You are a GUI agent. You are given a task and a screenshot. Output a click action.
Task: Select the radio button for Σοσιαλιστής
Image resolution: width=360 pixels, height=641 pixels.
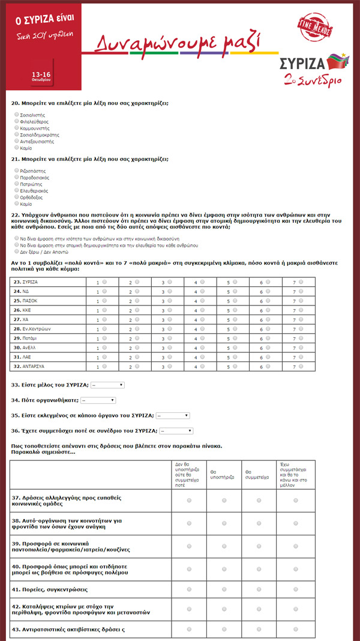16,114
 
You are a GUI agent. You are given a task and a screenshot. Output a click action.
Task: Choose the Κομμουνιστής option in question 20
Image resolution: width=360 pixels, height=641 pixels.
16,128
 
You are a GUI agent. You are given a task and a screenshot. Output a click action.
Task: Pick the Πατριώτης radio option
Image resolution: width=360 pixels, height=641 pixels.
16,184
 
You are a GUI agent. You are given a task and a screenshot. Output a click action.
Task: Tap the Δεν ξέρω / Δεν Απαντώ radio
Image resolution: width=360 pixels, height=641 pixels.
16,251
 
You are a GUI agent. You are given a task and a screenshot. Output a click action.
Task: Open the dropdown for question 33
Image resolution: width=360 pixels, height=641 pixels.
107,385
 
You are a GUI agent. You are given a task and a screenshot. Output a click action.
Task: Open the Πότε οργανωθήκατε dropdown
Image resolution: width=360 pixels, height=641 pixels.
98,400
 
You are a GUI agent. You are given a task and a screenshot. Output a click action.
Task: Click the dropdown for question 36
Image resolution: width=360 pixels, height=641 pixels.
176,430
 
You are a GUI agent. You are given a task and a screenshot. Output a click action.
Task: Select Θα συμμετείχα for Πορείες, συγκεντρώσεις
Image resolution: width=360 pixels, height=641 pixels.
258,589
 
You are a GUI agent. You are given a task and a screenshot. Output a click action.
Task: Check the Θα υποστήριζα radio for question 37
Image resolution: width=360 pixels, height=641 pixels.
223,500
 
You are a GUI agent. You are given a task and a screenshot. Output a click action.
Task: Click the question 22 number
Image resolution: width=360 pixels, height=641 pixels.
16,214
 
